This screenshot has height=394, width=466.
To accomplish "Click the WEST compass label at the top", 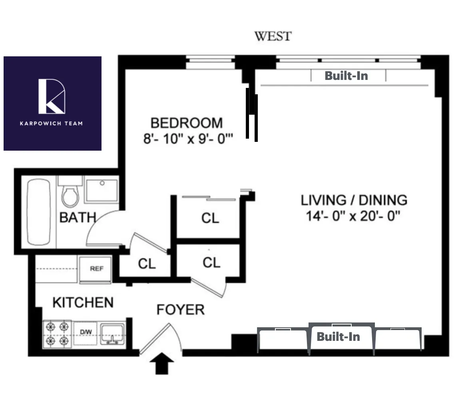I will tap(273, 36).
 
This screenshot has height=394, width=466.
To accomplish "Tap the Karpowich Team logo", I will tap(52, 103).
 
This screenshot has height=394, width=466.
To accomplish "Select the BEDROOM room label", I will tap(186, 123).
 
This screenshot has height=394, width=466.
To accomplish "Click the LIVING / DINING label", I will tap(354, 200).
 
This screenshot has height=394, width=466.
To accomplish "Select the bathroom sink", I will tap(102, 191).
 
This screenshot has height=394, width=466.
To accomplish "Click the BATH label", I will tap(78, 218).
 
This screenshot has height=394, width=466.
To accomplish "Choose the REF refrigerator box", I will tap(96, 269).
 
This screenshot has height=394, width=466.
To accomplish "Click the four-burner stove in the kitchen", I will tap(57, 334).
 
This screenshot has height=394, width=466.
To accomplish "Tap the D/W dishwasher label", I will tap(86, 332).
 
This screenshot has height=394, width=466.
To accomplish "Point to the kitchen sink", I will tap(112, 334).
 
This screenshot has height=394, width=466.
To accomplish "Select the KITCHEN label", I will tap(83, 302).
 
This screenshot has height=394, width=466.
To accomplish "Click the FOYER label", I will tap(180, 309).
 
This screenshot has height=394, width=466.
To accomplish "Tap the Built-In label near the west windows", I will tap(346, 76).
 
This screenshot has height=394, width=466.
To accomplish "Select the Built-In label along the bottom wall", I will tap(338, 336).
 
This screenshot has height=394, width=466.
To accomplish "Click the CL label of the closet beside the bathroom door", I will tap(147, 264).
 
